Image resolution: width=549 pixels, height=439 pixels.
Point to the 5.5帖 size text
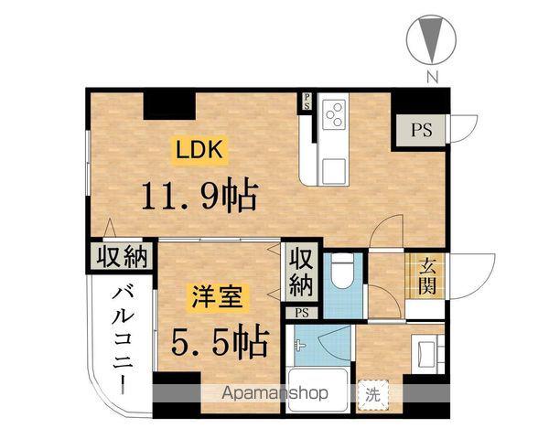[220, 341]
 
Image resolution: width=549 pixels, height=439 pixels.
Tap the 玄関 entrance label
[426, 277]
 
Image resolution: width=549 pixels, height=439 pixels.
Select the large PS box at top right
[420, 128]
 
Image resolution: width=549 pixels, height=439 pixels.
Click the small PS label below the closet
[302, 313]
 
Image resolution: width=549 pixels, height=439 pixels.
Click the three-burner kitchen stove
[335, 113]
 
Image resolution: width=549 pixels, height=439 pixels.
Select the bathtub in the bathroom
[317, 390]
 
